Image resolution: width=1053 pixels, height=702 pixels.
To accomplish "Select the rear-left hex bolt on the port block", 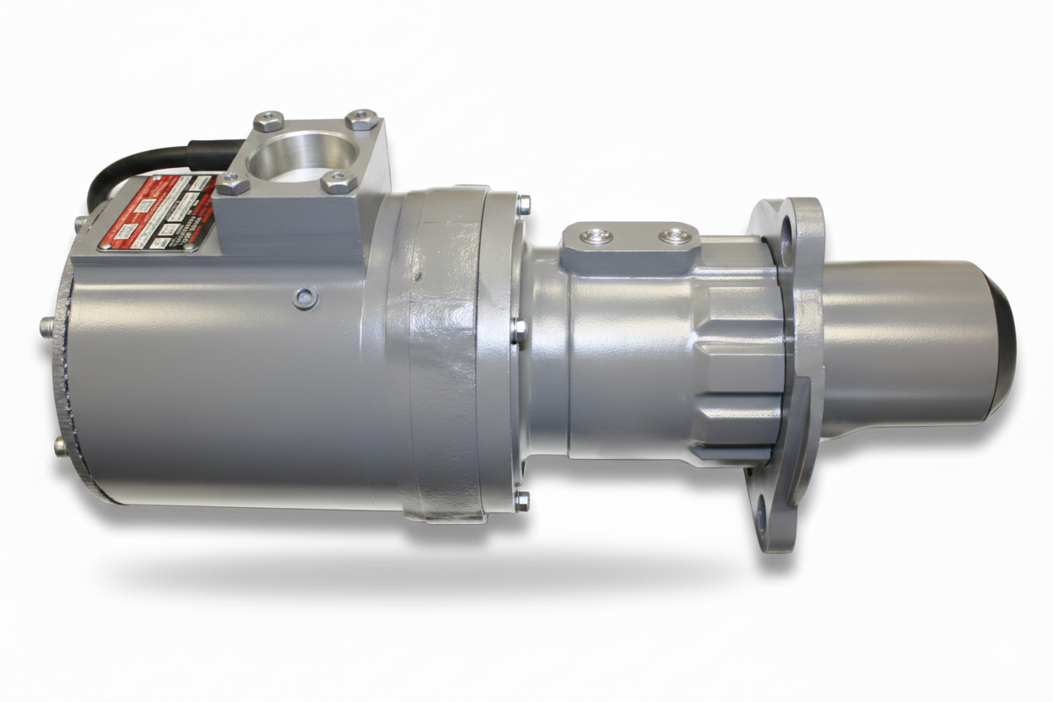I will tap(268, 121).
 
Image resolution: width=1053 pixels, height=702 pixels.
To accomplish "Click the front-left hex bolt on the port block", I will tap(233, 183).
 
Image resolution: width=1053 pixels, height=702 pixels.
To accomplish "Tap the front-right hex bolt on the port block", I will tap(339, 181).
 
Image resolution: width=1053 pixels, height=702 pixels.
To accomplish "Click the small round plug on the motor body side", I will tap(305, 296).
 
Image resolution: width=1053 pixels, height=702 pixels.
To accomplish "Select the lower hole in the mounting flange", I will tap(764, 510).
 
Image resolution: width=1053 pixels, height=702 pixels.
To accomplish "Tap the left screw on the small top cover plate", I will tap(597, 236).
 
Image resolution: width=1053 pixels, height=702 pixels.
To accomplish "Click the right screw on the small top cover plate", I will tap(675, 235).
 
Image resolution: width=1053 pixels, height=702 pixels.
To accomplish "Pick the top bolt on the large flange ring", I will tap(524, 203).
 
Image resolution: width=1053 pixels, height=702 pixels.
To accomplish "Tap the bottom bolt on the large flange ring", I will tap(522, 502).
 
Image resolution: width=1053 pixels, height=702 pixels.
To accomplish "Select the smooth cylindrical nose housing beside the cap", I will tap(903, 346).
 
